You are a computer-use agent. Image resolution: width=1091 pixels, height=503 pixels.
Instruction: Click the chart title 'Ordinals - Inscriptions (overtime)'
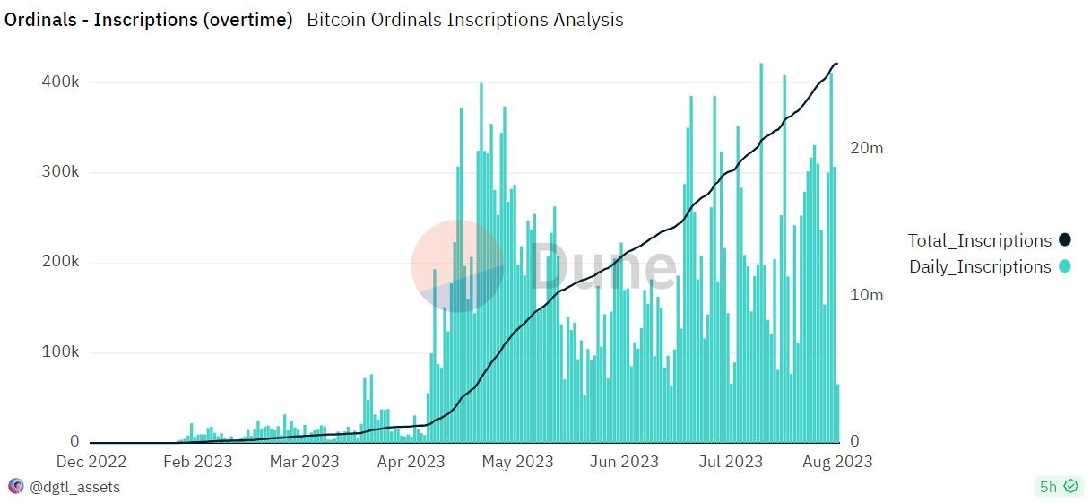pyautogui.click(x=149, y=20)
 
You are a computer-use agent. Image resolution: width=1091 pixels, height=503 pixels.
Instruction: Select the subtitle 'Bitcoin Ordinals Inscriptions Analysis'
pyautogui.click(x=464, y=20)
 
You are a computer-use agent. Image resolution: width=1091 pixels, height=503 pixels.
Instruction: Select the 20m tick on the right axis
pyautogui.click(x=866, y=148)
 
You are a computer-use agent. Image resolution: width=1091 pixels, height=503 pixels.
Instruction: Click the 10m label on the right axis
pyautogui.click(x=866, y=295)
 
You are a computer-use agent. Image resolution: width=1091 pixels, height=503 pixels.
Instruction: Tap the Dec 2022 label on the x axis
pyautogui.click(x=91, y=462)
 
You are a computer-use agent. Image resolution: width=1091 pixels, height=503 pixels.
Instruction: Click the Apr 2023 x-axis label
pyautogui.click(x=411, y=462)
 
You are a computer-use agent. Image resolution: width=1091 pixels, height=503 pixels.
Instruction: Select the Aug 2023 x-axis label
pyautogui.click(x=836, y=462)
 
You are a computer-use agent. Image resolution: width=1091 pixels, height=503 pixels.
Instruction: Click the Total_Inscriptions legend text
pyautogui.click(x=979, y=240)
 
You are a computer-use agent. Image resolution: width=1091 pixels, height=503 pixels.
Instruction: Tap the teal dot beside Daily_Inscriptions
pyautogui.click(x=1064, y=266)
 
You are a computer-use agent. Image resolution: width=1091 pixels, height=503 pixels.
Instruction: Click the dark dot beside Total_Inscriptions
pyautogui.click(x=1064, y=240)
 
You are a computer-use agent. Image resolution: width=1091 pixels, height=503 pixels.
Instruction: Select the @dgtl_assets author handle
pyautogui.click(x=74, y=487)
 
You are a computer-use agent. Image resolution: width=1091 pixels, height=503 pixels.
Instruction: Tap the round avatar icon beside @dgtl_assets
pyautogui.click(x=15, y=487)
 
